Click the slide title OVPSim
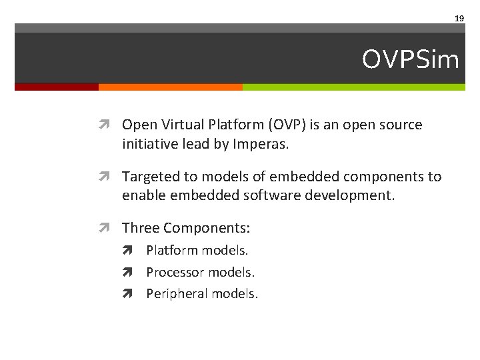click(x=411, y=60)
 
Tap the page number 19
click(x=459, y=19)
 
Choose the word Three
click(x=141, y=228)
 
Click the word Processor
click(x=175, y=272)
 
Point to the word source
click(x=401, y=125)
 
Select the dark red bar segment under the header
click(x=57, y=87)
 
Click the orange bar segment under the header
click(x=170, y=87)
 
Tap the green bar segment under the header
click(x=353, y=87)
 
